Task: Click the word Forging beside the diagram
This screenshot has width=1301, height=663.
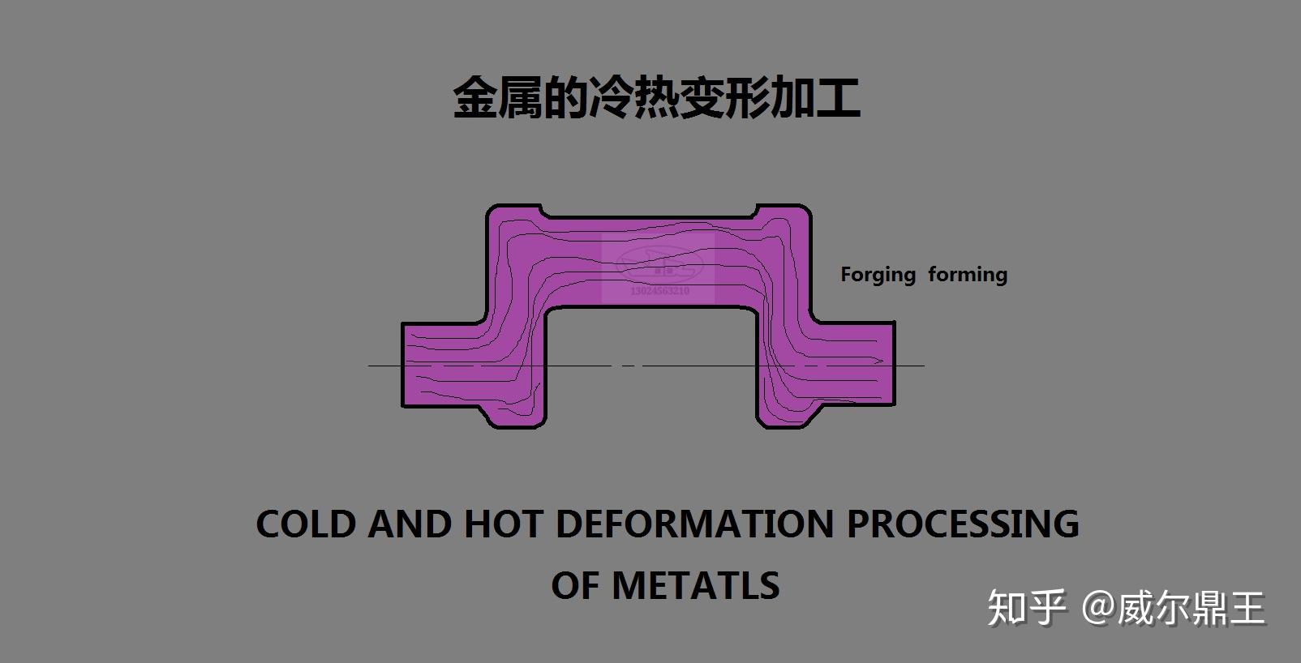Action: tap(878, 276)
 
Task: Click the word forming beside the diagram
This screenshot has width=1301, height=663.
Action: tap(968, 275)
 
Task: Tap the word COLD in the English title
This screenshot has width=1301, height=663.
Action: tap(306, 524)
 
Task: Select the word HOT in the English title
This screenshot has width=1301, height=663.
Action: tap(502, 524)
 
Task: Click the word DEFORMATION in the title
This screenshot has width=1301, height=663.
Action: tap(695, 524)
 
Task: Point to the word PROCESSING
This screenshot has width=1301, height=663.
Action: tap(963, 524)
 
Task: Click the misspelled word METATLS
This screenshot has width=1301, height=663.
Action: tap(695, 585)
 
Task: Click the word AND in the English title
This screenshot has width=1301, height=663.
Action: tap(409, 524)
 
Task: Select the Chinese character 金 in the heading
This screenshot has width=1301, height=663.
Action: tap(475, 99)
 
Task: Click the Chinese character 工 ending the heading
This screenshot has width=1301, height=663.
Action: tap(838, 99)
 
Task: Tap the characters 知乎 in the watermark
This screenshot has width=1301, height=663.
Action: tap(1025, 608)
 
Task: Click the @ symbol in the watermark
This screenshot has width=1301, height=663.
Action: tap(1097, 608)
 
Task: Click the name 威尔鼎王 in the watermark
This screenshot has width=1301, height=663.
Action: tap(1192, 608)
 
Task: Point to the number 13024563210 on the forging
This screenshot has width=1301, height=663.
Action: tap(659, 290)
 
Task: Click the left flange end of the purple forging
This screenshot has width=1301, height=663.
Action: tap(422, 365)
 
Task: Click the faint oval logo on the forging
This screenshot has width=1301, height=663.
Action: tap(658, 262)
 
